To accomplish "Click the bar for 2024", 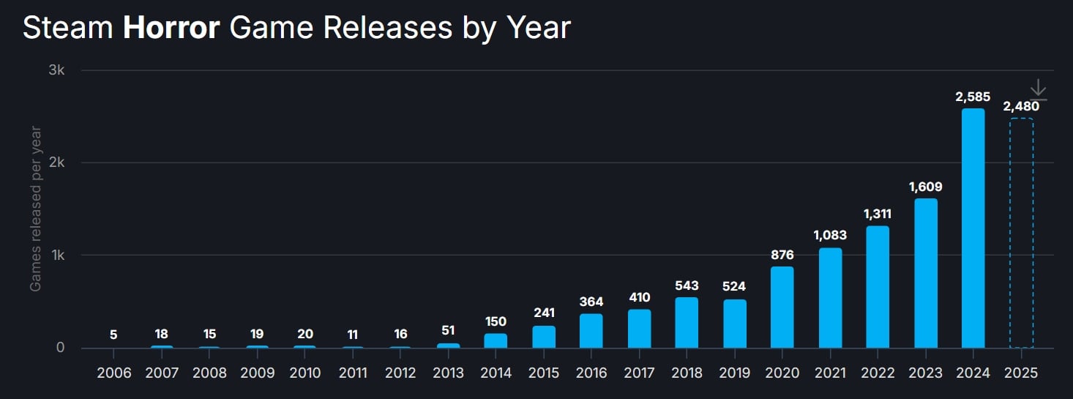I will pos(973,228).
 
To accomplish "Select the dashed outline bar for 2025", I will pos(1021,233).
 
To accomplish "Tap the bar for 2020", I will pos(782,307).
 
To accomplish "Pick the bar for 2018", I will pos(687,323).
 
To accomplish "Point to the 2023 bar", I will pos(925,273).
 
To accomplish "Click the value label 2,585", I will pos(973,97).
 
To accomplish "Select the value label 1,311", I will pos(878,214).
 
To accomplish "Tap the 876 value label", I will pos(782,255).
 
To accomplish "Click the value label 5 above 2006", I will pos(113,335).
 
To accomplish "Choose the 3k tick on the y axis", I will pos(57,70).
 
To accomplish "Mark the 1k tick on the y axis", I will pos(57,256).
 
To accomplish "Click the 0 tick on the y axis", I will pos(61,348).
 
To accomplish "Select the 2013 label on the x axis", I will pos(448,373).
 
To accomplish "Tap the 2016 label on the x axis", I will pos(591,373).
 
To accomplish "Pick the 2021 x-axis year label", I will pos(830,373).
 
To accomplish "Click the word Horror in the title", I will pos(172,28).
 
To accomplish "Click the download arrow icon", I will pos(1038,89).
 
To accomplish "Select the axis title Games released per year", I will pos(35,209).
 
